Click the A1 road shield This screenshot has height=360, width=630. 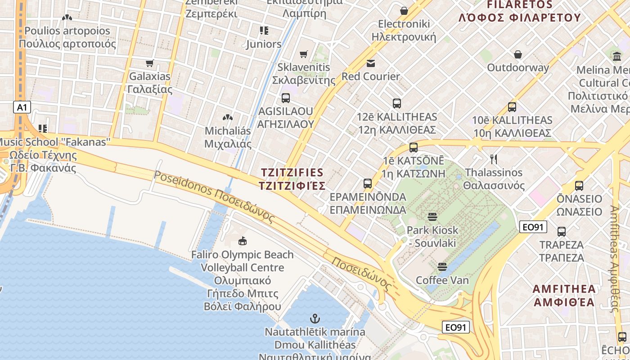click(22, 108)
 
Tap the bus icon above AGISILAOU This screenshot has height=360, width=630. click(285, 98)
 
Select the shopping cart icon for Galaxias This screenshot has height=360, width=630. click(150, 63)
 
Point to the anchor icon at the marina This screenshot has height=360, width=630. click(315, 319)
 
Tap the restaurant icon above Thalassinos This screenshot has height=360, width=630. click(494, 159)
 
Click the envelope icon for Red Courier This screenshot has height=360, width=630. click(370, 63)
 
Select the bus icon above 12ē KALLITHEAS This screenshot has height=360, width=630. click(396, 103)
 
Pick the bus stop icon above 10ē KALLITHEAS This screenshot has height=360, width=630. click(512, 107)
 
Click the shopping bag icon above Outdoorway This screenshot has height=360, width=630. click(518, 54)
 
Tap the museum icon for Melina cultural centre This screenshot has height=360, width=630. click(616, 57)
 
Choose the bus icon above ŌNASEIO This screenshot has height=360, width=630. click(579, 185)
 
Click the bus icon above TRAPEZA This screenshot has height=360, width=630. click(561, 232)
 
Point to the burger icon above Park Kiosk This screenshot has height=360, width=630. click(432, 217)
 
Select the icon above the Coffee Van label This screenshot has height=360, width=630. click(442, 267)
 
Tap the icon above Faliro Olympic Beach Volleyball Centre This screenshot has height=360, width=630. click(243, 241)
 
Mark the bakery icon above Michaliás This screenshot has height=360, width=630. click(228, 117)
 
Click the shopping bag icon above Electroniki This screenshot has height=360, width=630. click(404, 10)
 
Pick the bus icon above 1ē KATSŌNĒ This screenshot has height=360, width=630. click(413, 148)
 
